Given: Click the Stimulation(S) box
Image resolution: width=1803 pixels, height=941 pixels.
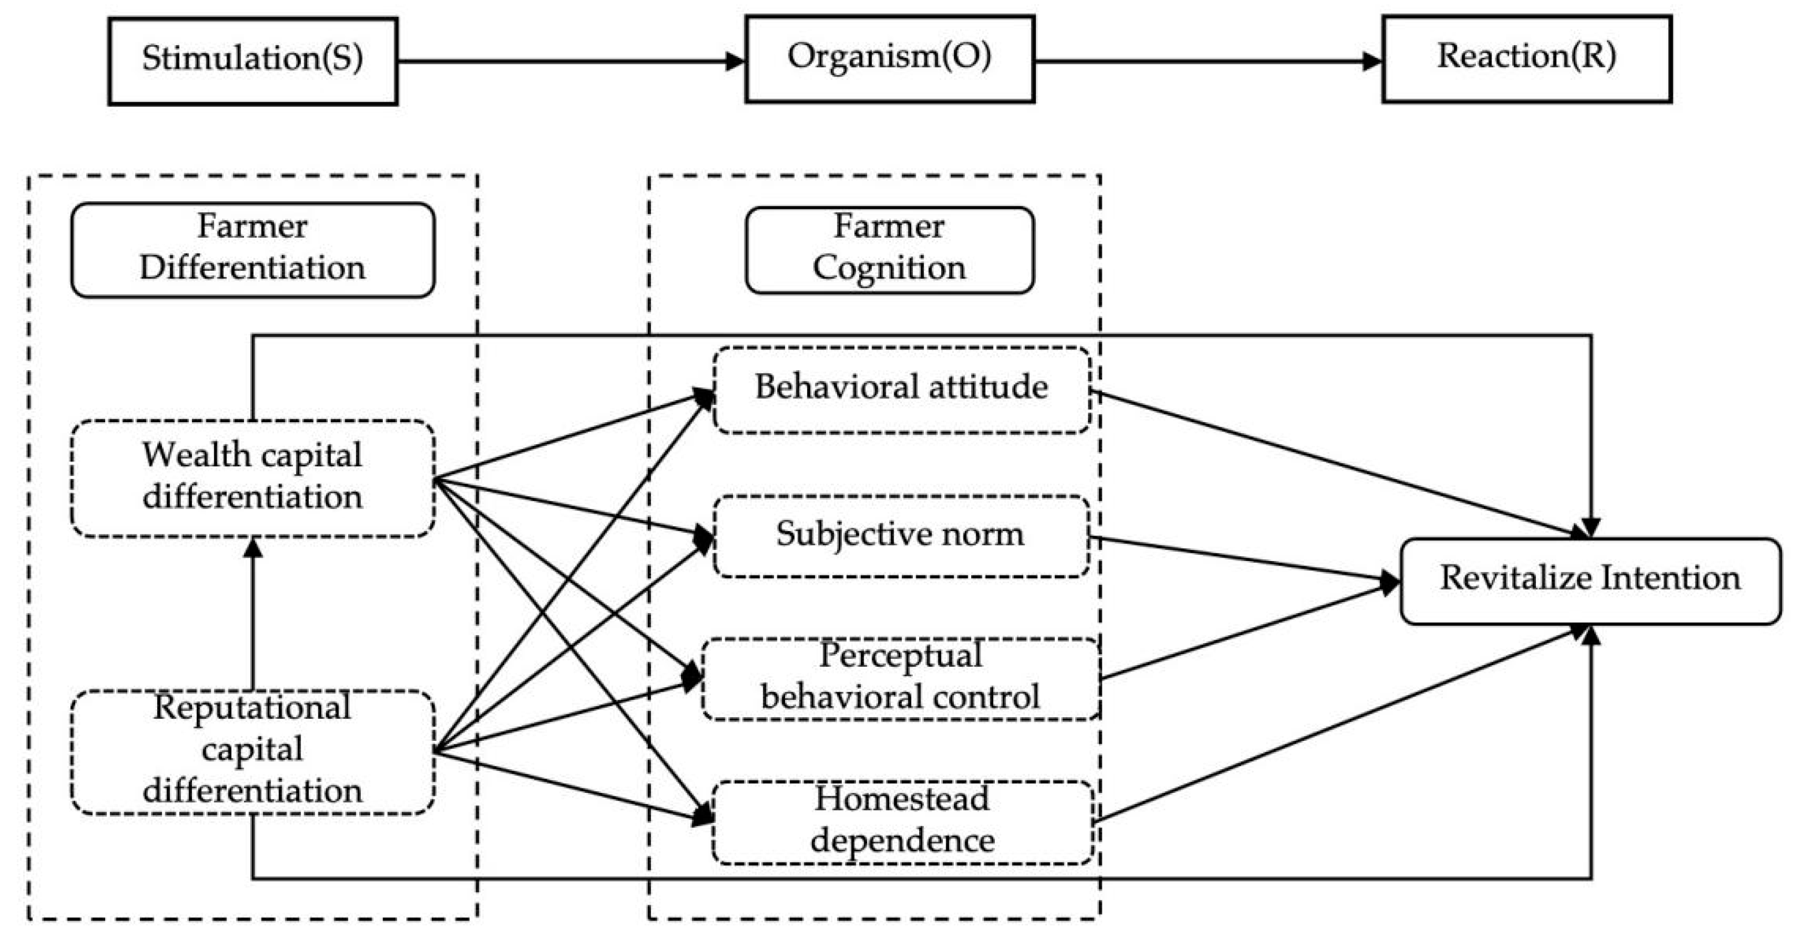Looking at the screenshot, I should click(253, 61).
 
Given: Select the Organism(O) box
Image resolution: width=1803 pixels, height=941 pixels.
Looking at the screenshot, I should click(889, 60).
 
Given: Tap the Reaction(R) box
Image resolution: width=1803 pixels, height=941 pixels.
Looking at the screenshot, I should click(1527, 60).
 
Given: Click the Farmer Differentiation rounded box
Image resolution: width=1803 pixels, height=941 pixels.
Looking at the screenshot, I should click(253, 250).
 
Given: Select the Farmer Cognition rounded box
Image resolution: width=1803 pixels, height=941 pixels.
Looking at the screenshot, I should click(889, 250).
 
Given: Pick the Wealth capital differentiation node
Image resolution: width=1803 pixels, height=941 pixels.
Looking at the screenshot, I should click(253, 478).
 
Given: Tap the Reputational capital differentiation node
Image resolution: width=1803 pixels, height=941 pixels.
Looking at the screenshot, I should click(253, 752).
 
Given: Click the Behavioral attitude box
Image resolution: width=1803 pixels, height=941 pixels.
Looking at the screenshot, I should click(902, 389).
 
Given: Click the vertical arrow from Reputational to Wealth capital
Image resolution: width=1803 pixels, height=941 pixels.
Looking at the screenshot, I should click(253, 616).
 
